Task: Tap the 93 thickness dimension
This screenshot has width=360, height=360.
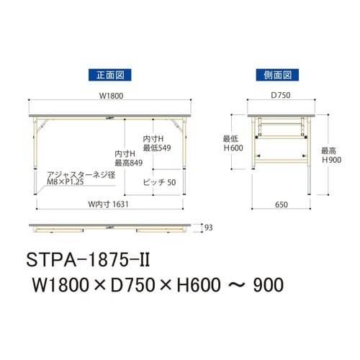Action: [x=209, y=227]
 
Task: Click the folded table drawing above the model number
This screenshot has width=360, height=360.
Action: [x=108, y=228]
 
